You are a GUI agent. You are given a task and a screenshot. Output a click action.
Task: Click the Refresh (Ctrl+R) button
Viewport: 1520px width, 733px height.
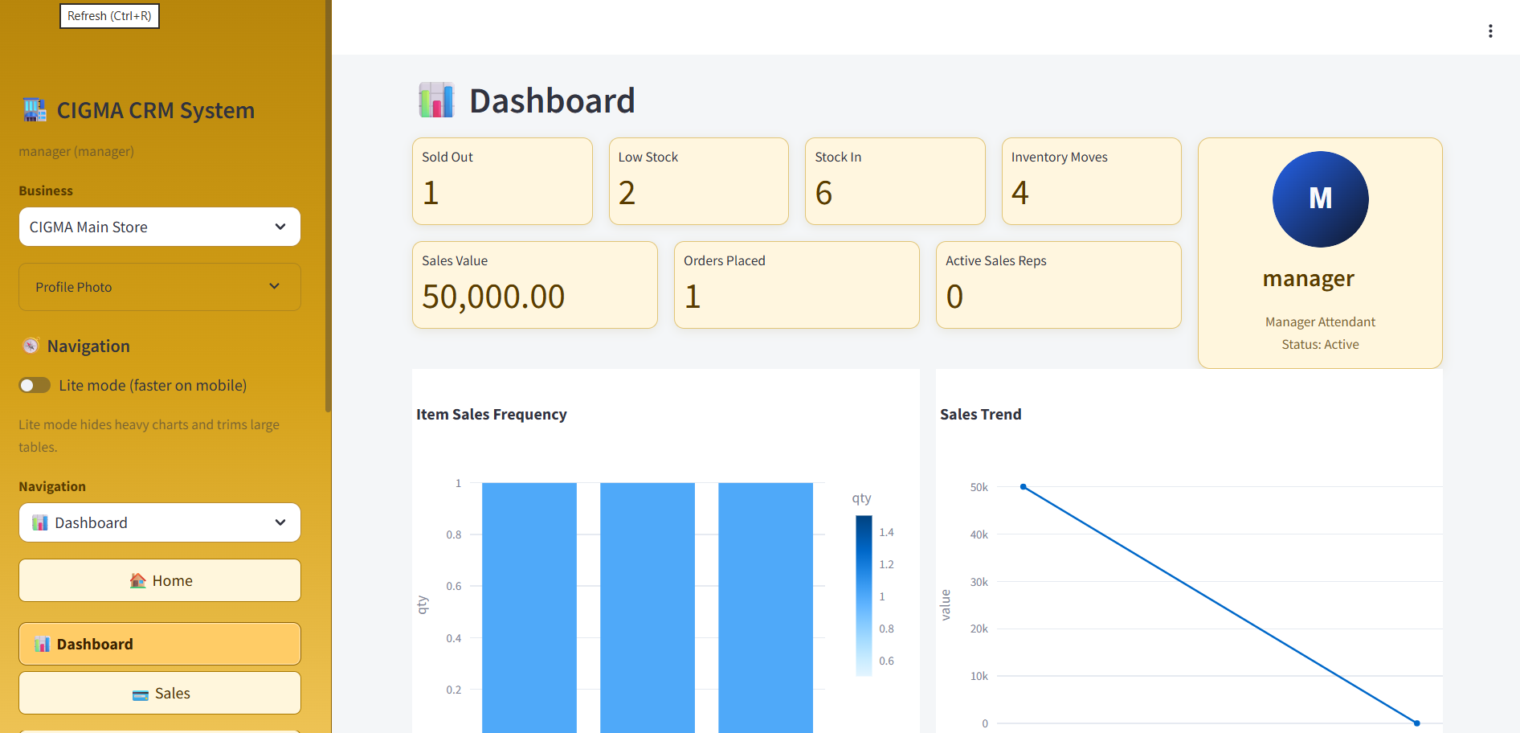pos(109,16)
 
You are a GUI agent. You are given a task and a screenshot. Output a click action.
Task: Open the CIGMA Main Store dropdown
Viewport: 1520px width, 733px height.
pos(159,227)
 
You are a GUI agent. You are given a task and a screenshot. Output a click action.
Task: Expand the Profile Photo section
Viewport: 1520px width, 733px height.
pos(159,287)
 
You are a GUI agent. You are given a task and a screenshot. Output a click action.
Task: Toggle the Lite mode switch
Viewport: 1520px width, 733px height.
pos(35,386)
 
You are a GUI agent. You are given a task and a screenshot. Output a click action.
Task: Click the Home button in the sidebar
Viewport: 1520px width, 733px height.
pos(159,580)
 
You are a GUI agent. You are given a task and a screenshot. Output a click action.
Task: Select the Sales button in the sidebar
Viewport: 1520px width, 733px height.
pos(159,693)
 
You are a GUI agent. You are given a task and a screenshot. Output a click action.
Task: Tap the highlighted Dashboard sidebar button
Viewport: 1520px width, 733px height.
pos(159,644)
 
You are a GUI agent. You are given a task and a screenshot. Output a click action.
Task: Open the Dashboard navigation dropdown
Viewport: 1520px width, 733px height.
pos(159,522)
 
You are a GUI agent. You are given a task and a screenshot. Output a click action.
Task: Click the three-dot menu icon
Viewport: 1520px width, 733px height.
pos(1490,31)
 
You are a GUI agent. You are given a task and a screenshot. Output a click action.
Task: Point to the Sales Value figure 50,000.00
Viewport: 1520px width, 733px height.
pos(493,297)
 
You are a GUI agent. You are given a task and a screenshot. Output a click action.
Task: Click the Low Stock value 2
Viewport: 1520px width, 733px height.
pos(627,193)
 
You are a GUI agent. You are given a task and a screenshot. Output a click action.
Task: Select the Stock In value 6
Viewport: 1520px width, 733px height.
pos(823,193)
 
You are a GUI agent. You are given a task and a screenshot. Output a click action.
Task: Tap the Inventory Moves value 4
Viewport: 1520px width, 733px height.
pos(1019,193)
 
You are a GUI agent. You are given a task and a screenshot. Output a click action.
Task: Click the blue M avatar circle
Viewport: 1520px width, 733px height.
pos(1320,199)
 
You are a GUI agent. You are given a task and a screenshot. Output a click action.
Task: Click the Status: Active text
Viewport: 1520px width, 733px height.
pos(1320,344)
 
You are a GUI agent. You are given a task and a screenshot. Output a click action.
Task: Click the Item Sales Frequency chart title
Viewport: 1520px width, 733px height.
pos(491,415)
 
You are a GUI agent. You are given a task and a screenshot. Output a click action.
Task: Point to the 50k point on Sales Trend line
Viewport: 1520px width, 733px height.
pos(1023,487)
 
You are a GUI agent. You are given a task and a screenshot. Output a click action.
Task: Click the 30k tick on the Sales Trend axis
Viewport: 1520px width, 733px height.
pos(979,582)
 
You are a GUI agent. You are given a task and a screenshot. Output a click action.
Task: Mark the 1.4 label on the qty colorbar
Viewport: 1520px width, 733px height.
pos(886,532)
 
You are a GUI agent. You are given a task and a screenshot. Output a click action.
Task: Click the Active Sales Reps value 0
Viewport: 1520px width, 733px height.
pos(954,297)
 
